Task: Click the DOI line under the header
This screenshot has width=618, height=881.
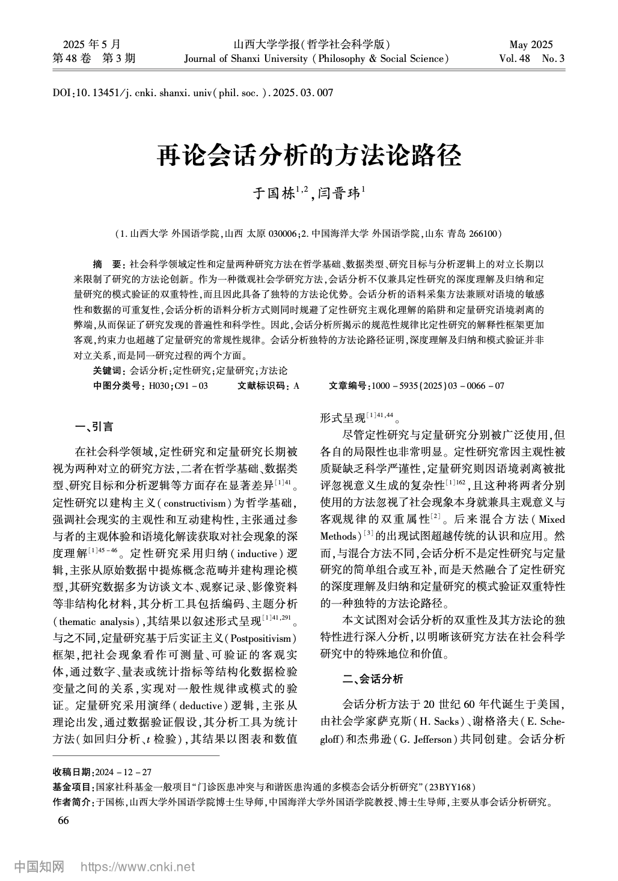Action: [x=193, y=93]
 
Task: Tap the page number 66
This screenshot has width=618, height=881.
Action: [x=63, y=821]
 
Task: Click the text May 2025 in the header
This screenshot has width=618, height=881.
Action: [x=531, y=44]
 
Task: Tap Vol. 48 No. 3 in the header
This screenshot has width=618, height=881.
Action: [x=531, y=59]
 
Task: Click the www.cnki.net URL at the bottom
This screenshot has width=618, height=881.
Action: [x=137, y=867]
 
